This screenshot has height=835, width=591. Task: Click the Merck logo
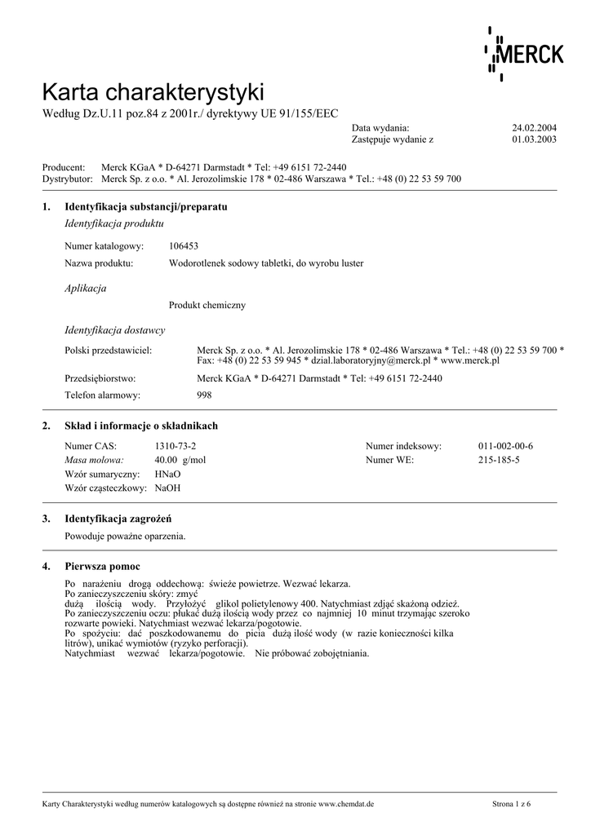click(x=524, y=54)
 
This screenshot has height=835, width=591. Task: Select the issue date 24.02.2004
click(x=534, y=128)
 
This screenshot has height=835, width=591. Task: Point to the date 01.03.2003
click(x=534, y=139)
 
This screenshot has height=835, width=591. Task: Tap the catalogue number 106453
click(x=184, y=245)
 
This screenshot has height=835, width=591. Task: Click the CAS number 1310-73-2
click(x=176, y=446)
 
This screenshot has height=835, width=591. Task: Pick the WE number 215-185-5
click(x=499, y=460)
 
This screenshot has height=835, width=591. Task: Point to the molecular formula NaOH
click(x=167, y=488)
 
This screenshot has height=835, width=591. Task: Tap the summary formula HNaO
click(x=167, y=474)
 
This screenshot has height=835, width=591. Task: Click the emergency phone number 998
click(x=204, y=395)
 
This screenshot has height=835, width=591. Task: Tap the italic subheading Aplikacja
click(x=85, y=288)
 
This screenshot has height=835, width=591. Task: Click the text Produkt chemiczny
click(x=207, y=305)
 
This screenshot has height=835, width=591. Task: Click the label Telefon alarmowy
click(x=102, y=395)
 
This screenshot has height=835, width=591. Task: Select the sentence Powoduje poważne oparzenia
click(x=125, y=536)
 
